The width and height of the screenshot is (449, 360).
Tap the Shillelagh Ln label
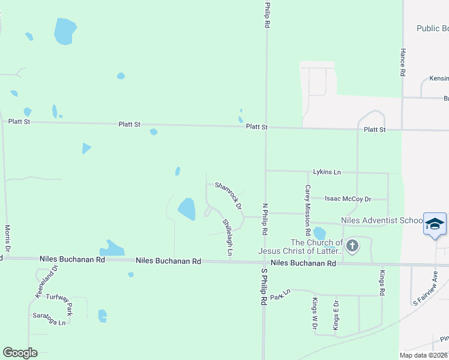(227, 238)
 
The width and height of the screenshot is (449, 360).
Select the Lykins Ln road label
(327, 172)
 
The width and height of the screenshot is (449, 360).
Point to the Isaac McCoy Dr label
(348, 199)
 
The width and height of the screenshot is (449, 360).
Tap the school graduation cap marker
(435, 224)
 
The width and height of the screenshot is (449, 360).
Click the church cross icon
(352, 245)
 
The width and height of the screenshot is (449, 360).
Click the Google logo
(20, 352)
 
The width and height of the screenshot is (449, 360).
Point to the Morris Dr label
(8, 238)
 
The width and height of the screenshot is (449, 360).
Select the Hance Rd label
(403, 62)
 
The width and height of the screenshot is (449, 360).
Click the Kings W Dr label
(313, 314)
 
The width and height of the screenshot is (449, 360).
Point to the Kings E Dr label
(336, 314)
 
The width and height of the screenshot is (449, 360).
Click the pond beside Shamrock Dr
(187, 209)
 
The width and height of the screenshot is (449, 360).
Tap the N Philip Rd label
(264, 218)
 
